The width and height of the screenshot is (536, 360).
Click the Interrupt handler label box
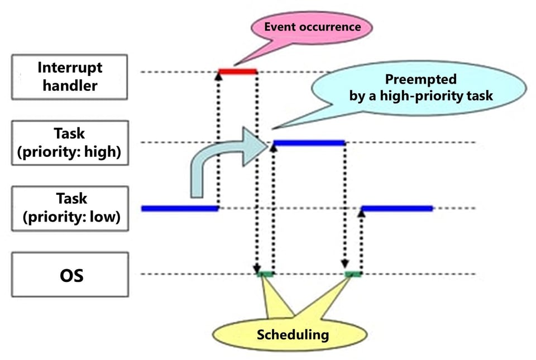tap(70, 76)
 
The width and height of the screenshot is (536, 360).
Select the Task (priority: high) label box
tap(70, 143)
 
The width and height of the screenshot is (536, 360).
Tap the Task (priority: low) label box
tap(70, 208)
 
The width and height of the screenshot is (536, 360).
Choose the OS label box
tap(70, 275)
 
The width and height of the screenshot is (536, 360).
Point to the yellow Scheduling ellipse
tap(289, 335)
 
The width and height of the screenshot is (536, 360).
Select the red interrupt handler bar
tap(237, 71)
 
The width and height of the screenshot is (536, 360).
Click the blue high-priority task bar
tap(309, 143)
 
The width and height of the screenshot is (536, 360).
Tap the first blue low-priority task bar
tap(179, 208)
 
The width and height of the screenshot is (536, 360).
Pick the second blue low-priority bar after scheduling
tap(398, 208)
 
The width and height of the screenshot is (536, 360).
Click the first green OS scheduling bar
tap(265, 274)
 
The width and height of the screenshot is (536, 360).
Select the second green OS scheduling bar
tap(353, 274)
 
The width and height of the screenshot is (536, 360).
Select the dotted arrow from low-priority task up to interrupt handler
tap(218, 140)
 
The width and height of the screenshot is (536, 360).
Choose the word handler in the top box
tap(70, 85)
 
